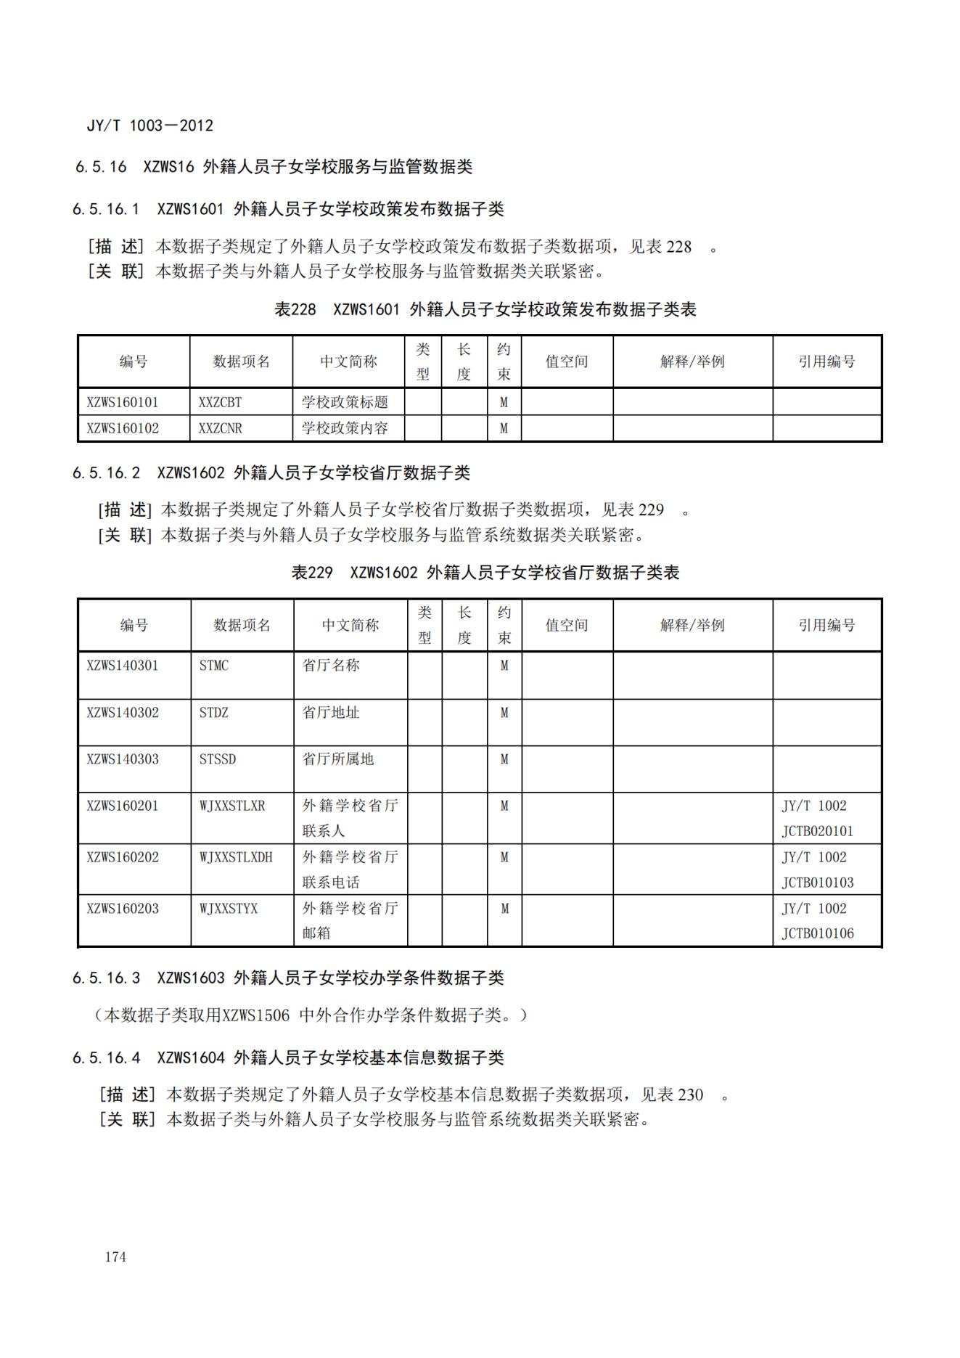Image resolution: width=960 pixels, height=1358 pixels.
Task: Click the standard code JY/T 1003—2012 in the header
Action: [150, 126]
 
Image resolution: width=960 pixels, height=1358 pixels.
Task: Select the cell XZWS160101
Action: [122, 402]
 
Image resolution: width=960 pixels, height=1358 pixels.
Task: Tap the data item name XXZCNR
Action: [220, 428]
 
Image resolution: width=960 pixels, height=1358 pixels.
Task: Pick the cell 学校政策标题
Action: [345, 402]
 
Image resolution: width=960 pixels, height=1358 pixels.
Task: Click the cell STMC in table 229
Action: [213, 666]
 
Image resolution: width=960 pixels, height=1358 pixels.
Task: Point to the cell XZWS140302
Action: [122, 713]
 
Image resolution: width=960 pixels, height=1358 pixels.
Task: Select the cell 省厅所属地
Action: [337, 759]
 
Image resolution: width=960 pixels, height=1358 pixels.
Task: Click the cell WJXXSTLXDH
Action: [236, 857]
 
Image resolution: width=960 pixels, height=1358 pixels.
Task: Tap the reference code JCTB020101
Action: [817, 831]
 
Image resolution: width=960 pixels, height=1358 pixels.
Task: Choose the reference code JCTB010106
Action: [817, 933]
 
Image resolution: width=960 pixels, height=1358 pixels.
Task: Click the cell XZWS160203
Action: [122, 909]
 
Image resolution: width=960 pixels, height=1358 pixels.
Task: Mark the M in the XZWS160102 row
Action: [504, 428]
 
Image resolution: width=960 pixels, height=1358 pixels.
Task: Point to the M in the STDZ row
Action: [504, 713]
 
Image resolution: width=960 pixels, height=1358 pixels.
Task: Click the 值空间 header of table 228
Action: [566, 361]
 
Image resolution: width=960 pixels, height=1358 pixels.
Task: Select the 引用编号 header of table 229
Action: [826, 625]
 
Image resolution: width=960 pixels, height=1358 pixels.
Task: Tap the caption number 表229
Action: [311, 573]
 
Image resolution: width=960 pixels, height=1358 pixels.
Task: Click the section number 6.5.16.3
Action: [106, 978]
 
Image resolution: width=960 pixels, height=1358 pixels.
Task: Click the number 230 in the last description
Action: [690, 1095]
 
